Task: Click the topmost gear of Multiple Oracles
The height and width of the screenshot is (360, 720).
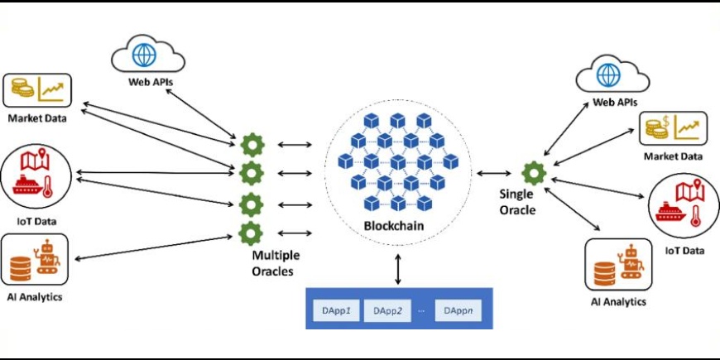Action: [251, 146]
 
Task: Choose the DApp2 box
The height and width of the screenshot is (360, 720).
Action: [388, 310]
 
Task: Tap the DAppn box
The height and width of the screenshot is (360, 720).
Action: [458, 310]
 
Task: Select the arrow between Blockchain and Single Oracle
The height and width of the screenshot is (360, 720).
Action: [494, 174]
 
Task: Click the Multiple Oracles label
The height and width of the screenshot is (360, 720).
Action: [276, 262]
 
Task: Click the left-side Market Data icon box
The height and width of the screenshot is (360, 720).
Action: [38, 92]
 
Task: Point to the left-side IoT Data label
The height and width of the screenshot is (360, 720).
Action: [37, 221]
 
